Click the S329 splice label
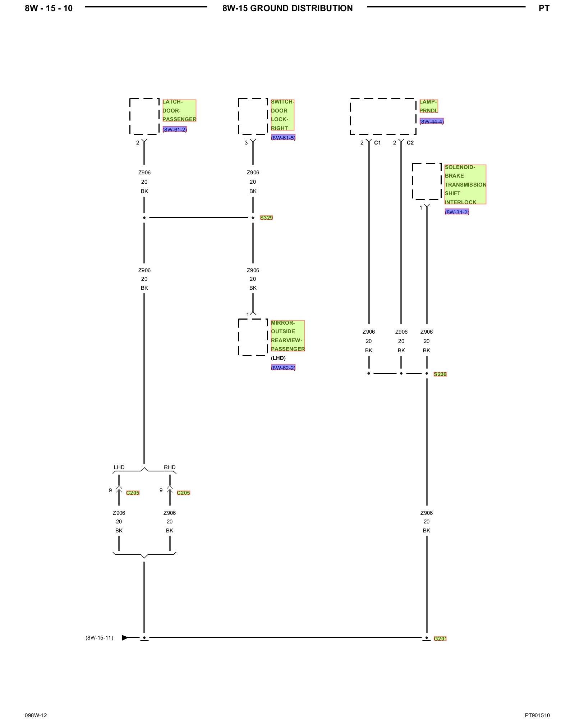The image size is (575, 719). [x=266, y=217]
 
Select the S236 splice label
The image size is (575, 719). [x=440, y=374]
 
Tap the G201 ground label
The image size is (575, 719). [x=440, y=638]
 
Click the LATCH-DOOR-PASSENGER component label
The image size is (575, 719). [x=179, y=111]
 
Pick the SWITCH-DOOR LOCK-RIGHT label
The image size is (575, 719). [x=282, y=115]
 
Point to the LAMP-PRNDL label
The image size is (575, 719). [x=429, y=106]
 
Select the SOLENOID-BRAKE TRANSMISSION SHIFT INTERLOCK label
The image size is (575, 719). [x=465, y=184]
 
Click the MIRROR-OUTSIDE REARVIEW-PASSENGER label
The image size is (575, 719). [x=288, y=336]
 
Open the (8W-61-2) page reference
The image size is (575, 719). [x=175, y=129]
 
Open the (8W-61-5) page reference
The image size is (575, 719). [x=283, y=138]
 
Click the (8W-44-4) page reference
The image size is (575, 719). [x=432, y=122]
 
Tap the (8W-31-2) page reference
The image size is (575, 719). [x=457, y=212]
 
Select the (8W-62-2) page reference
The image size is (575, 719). [x=283, y=368]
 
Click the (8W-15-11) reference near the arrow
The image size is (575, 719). [x=99, y=638]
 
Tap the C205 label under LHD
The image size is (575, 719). [x=133, y=493]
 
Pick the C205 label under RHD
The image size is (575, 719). [x=183, y=493]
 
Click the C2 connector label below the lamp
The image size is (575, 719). [x=410, y=143]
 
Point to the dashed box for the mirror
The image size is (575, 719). [x=253, y=319]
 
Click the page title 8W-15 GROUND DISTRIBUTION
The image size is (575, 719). [x=287, y=8]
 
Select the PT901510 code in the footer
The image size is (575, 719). [x=537, y=705]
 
